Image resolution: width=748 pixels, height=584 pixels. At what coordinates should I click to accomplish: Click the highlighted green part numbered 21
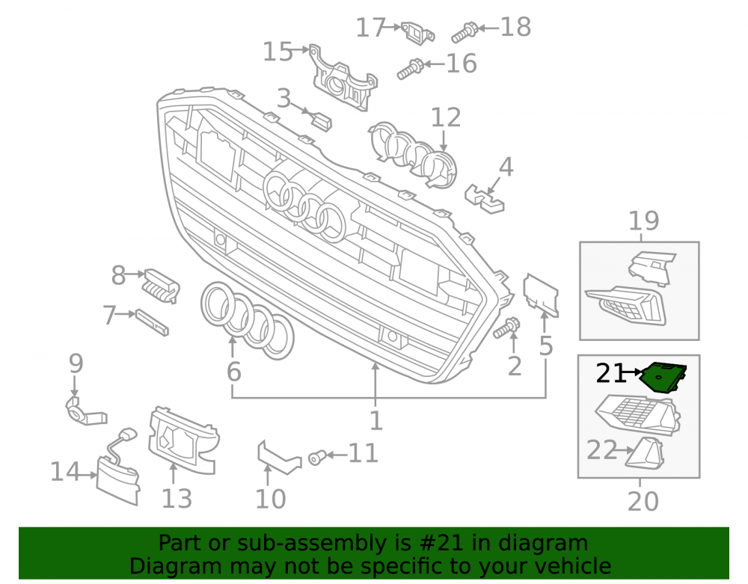click(662, 377)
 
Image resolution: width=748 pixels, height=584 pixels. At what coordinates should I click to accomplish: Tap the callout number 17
click(371, 28)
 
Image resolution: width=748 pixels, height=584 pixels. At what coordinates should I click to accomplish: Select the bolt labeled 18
click(465, 32)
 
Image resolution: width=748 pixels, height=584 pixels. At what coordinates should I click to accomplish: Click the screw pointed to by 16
click(410, 69)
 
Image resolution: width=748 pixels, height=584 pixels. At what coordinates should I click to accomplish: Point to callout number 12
click(446, 117)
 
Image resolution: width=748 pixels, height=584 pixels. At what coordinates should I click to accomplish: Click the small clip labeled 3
click(322, 120)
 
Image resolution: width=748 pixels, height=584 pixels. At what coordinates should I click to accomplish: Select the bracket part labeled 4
click(484, 198)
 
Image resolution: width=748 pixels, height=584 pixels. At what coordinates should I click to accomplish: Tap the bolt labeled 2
click(506, 328)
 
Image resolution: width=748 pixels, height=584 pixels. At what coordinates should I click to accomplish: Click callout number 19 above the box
click(643, 221)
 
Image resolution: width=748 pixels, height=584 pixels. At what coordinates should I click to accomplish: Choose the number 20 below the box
click(643, 502)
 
